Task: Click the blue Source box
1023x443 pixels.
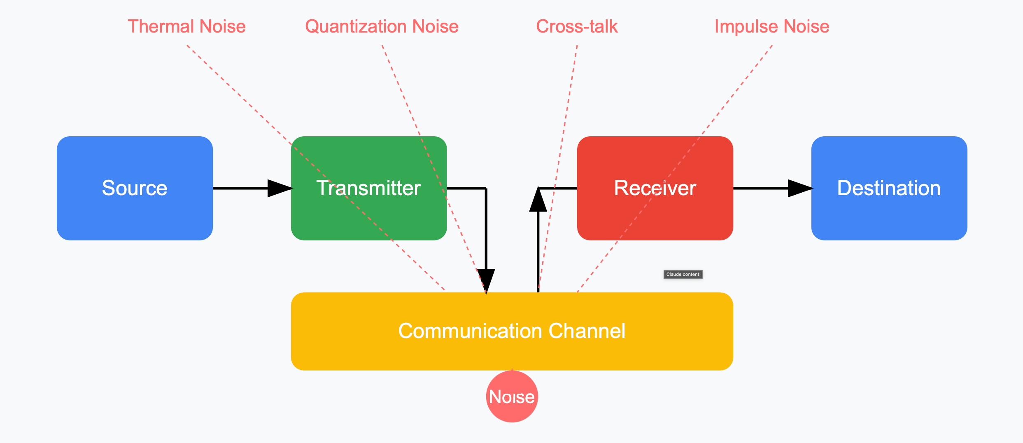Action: (135, 188)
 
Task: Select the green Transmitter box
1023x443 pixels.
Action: (368, 188)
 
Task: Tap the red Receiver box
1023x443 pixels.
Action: (655, 188)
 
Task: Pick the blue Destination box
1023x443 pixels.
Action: (889, 188)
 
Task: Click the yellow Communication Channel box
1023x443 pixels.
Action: (512, 331)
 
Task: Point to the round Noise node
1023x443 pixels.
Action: (512, 396)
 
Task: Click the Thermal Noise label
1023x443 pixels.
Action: (186, 26)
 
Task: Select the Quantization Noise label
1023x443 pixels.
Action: (382, 26)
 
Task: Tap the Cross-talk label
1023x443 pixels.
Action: (577, 26)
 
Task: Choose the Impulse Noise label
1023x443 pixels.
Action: (772, 26)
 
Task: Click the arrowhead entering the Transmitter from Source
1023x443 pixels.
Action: (280, 188)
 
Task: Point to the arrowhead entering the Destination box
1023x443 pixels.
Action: (800, 188)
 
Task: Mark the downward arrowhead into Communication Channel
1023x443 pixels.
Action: (486, 281)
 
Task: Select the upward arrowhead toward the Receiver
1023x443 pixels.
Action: (538, 200)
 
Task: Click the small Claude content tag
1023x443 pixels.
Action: (683, 274)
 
